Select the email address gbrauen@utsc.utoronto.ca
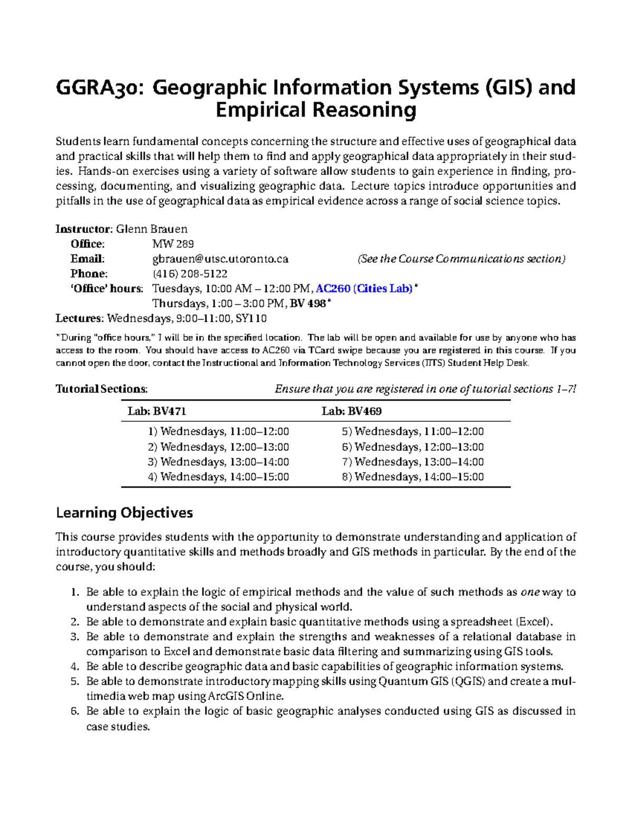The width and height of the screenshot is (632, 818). pyautogui.click(x=220, y=259)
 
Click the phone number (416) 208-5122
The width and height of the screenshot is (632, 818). pyautogui.click(x=190, y=273)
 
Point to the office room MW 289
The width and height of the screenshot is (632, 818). pyautogui.click(x=173, y=244)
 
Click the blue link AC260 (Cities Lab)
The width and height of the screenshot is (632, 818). pyautogui.click(x=364, y=289)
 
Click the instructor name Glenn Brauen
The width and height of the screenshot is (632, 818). pyautogui.click(x=152, y=229)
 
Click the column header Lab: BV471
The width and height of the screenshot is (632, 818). pyautogui.click(x=156, y=411)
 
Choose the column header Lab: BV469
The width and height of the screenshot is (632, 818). pyautogui.click(x=351, y=411)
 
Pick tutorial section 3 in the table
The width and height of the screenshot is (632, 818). pyautogui.click(x=219, y=462)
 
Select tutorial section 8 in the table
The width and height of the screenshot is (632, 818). pyautogui.click(x=412, y=477)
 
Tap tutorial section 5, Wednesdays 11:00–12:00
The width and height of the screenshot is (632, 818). pyautogui.click(x=412, y=432)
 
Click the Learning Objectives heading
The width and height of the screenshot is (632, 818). pyautogui.click(x=124, y=513)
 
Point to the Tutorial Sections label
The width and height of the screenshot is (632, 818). pyautogui.click(x=102, y=389)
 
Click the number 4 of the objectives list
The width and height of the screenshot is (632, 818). pyautogui.click(x=74, y=666)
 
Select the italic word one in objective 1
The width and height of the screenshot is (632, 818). pyautogui.click(x=530, y=592)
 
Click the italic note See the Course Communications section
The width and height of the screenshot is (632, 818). pyautogui.click(x=461, y=259)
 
